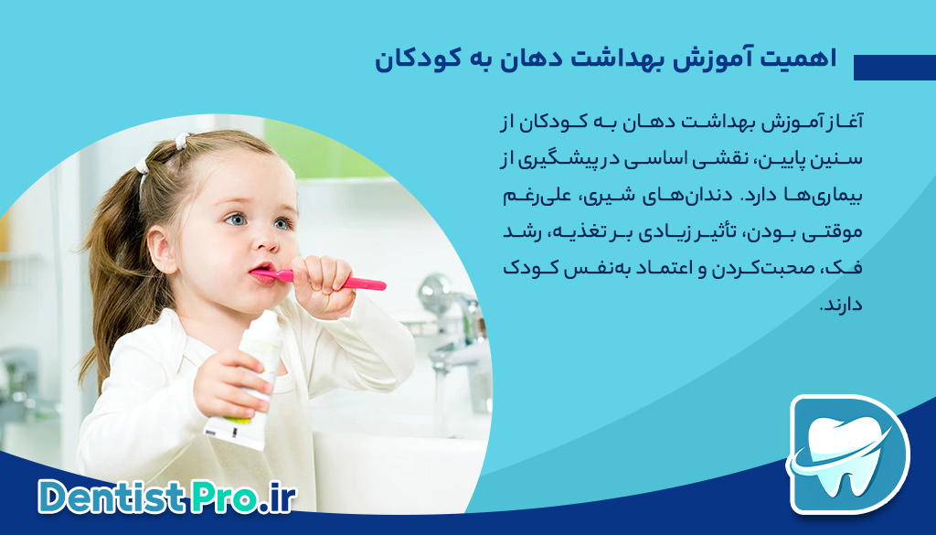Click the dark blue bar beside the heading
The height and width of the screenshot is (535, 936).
point(894,68)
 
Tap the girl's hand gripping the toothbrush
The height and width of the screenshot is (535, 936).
point(319,283)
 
